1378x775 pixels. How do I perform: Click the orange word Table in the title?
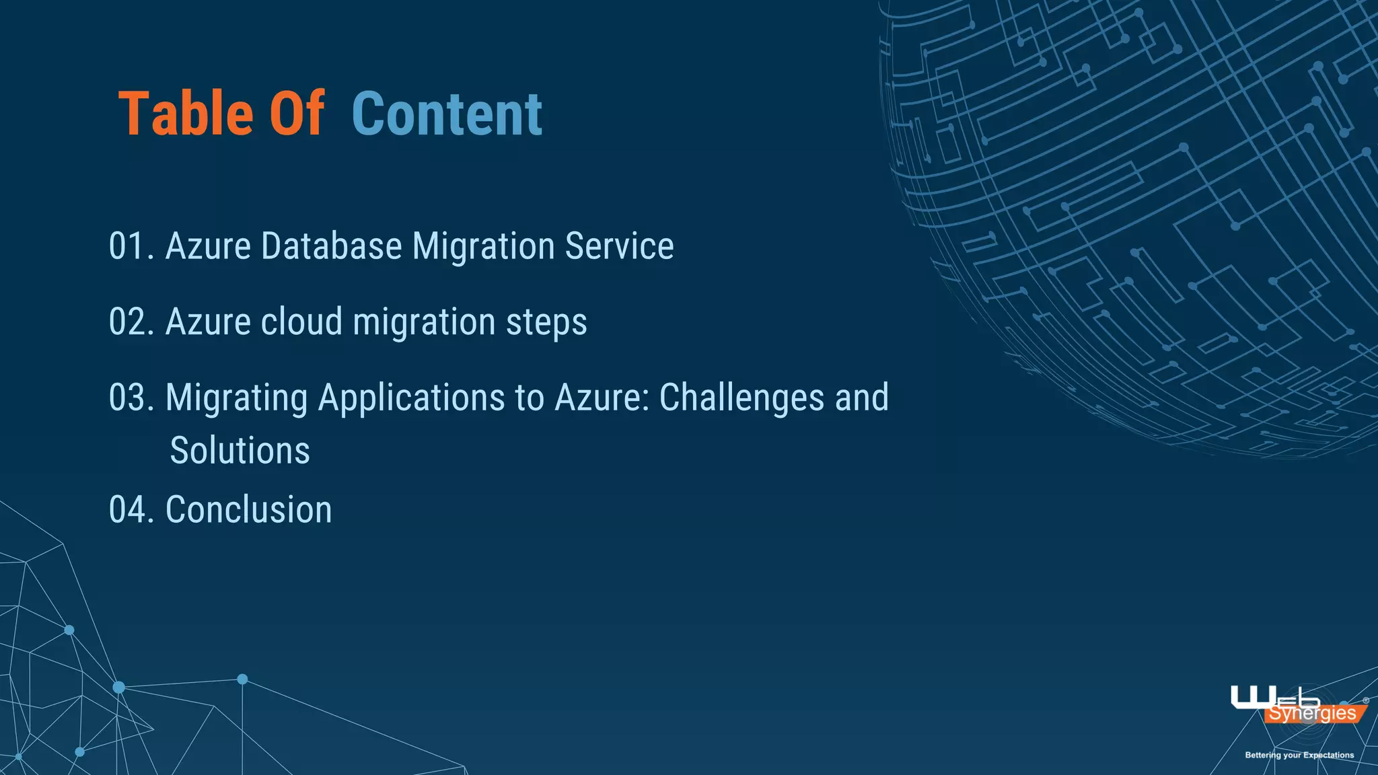click(x=186, y=114)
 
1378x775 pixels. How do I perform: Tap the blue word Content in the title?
click(x=447, y=114)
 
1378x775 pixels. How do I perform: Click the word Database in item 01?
click(x=331, y=246)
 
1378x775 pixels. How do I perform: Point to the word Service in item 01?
click(x=619, y=246)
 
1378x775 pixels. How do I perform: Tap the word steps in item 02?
click(x=546, y=322)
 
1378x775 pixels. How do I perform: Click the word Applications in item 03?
click(x=411, y=398)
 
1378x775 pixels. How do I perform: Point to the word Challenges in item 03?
click(x=741, y=398)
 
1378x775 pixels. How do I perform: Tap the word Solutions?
click(x=240, y=451)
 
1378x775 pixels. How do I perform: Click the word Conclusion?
click(x=248, y=510)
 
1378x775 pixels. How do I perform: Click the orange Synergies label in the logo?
click(x=1312, y=714)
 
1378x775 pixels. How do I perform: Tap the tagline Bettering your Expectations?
click(x=1299, y=755)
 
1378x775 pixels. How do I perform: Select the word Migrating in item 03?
click(x=236, y=398)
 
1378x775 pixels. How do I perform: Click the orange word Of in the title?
click(x=297, y=114)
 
